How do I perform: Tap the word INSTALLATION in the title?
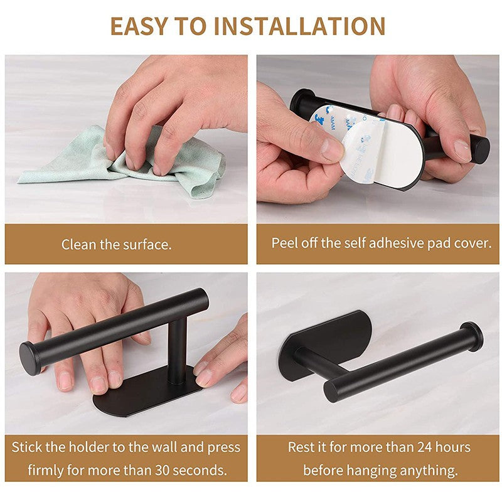tap(299, 26)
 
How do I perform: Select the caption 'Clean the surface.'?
tap(117, 245)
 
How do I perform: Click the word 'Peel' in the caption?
tap(284, 243)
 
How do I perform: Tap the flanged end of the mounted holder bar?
tap(471, 336)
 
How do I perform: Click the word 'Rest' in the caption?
tap(301, 447)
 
